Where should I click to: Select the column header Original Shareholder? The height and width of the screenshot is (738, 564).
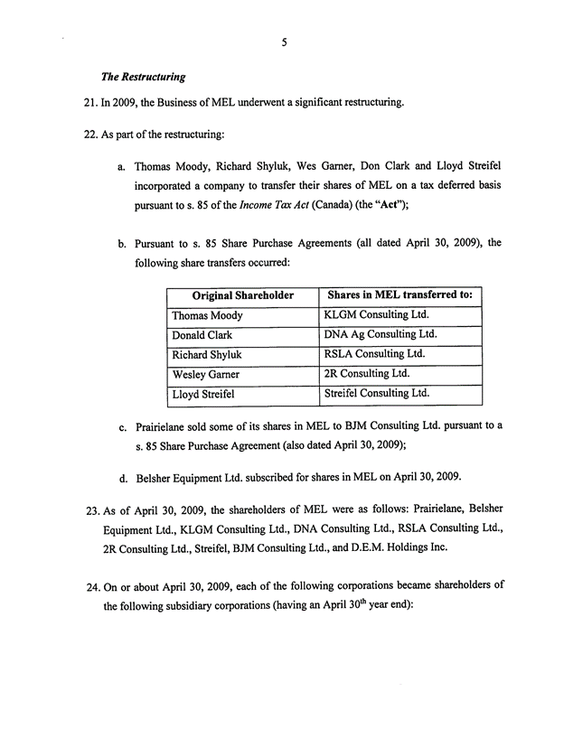click(242, 295)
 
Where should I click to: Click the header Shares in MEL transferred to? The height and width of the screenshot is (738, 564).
click(400, 295)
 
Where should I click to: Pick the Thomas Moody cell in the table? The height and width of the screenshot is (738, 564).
click(207, 315)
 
